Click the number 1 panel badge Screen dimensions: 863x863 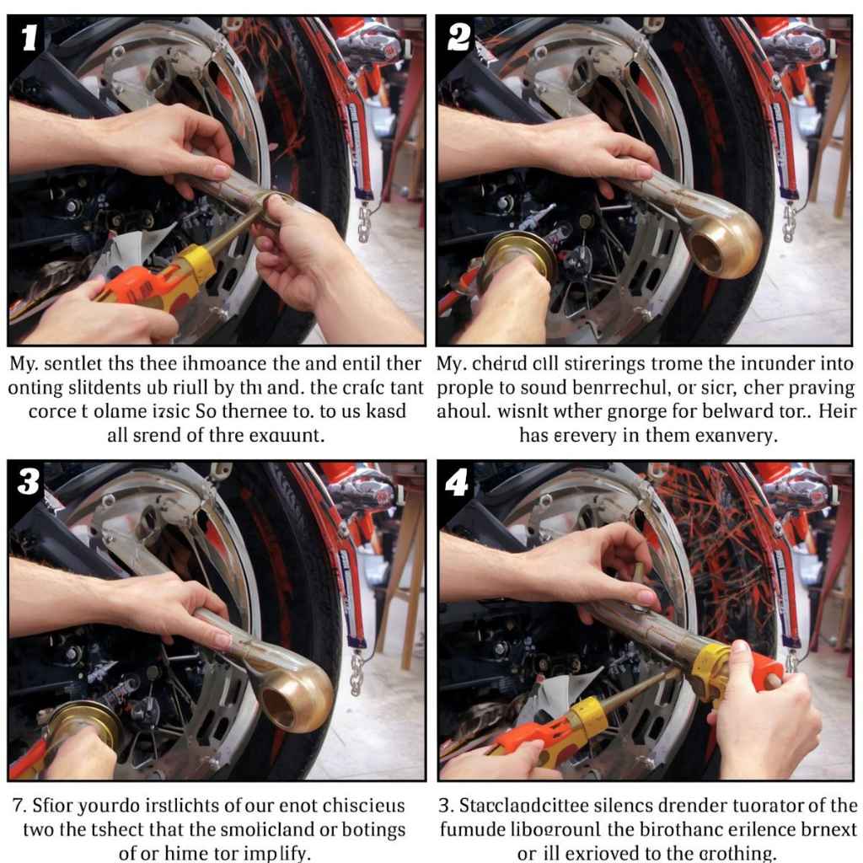[x=29, y=38]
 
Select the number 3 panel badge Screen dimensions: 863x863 [x=29, y=483]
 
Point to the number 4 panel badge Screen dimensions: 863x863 [x=458, y=483]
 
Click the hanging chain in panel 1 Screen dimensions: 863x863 [x=364, y=223]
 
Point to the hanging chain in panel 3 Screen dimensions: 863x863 [x=356, y=673]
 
